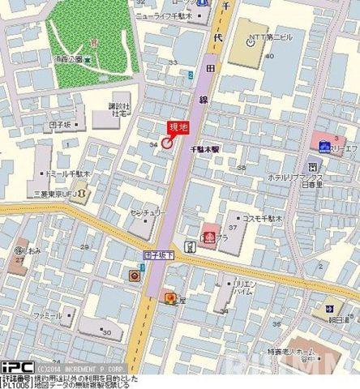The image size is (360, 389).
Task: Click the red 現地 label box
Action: click(x=178, y=126)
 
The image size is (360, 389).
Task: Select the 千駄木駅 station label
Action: click(x=205, y=150)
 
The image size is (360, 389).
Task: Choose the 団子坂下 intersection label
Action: click(x=160, y=254)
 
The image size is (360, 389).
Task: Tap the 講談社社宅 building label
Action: click(x=119, y=109)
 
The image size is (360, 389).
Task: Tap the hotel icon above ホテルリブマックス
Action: click(x=313, y=165)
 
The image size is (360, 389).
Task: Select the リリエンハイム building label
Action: click(x=242, y=289)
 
